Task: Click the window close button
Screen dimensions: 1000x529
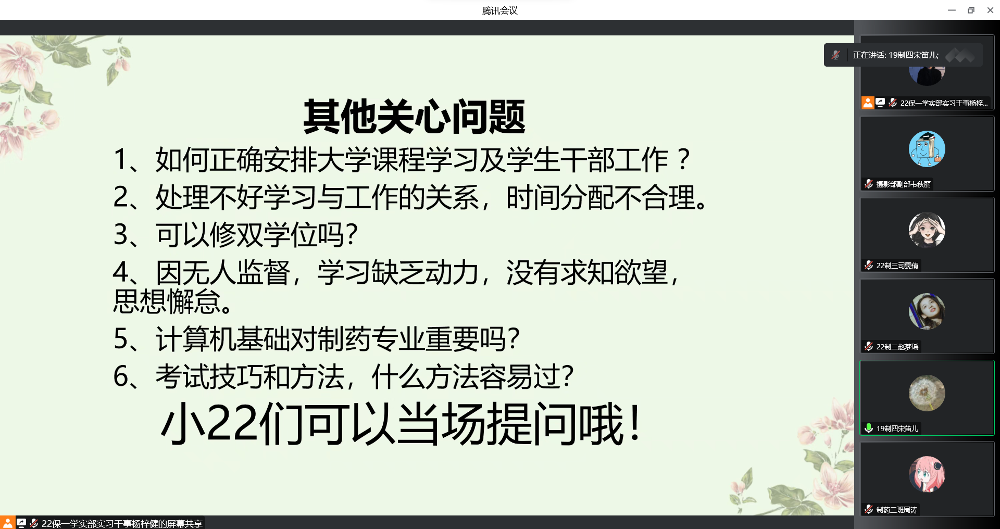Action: pyautogui.click(x=990, y=10)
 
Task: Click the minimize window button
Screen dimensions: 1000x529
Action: pyautogui.click(x=952, y=10)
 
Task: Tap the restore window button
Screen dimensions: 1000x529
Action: pyautogui.click(x=971, y=10)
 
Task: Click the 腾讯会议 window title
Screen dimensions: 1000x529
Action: pyautogui.click(x=499, y=10)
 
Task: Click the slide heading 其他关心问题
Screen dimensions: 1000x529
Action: pyautogui.click(x=414, y=117)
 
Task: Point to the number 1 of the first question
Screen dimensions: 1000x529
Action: pyautogui.click(x=120, y=159)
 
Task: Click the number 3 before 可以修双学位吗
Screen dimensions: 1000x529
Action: pyautogui.click(x=121, y=234)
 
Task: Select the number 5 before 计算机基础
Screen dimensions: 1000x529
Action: pyautogui.click(x=121, y=339)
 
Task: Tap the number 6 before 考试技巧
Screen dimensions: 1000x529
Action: pyautogui.click(x=121, y=376)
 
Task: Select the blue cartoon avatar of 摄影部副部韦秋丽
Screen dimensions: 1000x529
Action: pyautogui.click(x=927, y=149)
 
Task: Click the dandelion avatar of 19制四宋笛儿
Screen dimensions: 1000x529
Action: pyautogui.click(x=927, y=393)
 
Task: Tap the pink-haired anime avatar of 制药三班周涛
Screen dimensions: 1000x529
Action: pyautogui.click(x=927, y=474)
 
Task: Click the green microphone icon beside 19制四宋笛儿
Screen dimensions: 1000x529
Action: pyautogui.click(x=869, y=428)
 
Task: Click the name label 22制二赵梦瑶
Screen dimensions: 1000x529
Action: pyautogui.click(x=897, y=347)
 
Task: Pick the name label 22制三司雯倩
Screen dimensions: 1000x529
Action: pyautogui.click(x=897, y=266)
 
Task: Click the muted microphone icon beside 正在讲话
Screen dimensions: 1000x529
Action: pyautogui.click(x=835, y=55)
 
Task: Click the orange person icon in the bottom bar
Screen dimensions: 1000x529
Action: pyautogui.click(x=7, y=523)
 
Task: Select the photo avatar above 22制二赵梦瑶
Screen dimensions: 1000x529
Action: pyautogui.click(x=927, y=311)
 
